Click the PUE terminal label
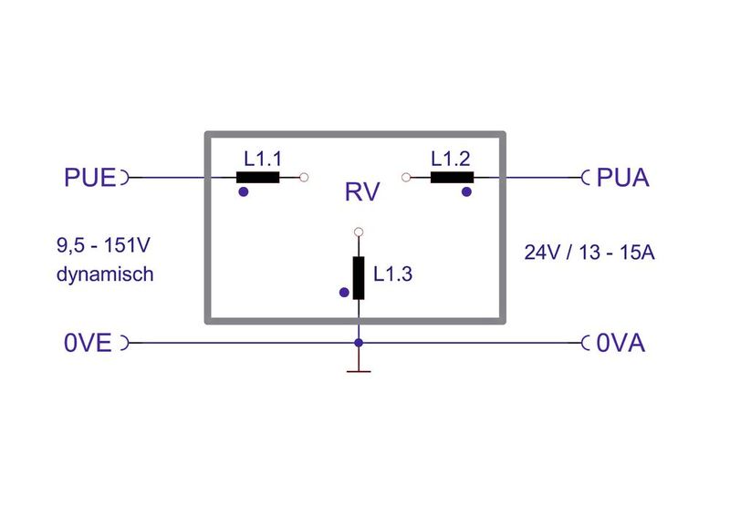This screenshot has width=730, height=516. [x=90, y=177]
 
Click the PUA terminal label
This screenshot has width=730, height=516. [x=622, y=177]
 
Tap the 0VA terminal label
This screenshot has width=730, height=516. [x=620, y=344]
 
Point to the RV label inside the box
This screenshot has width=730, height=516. [x=361, y=192]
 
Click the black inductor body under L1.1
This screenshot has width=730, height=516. [x=257, y=178]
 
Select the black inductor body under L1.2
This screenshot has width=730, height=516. [x=453, y=178]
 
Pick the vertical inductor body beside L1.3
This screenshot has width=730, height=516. [x=359, y=278]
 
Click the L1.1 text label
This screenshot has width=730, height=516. [x=263, y=158]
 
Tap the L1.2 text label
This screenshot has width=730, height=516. [x=452, y=158]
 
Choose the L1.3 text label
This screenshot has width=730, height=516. [x=393, y=272]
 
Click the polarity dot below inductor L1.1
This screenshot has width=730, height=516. [x=243, y=192]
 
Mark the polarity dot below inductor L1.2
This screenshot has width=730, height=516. [x=466, y=192]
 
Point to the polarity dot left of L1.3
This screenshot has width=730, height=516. [x=343, y=293]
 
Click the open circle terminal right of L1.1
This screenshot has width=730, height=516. [x=304, y=178]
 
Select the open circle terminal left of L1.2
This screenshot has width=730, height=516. [x=406, y=178]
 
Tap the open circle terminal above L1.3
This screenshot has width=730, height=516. [x=359, y=232]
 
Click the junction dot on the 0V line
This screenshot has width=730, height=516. [x=359, y=343]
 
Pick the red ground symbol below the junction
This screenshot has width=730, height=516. [x=359, y=369]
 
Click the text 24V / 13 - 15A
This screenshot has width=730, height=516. [x=589, y=253]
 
